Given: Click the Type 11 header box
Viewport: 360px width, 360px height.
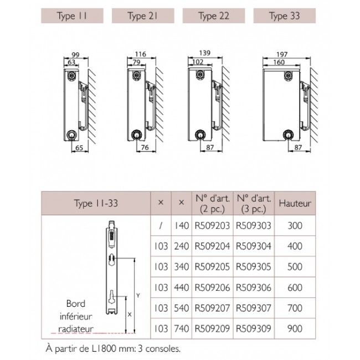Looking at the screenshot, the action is [72, 16].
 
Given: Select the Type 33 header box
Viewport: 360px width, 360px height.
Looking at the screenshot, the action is [285, 16].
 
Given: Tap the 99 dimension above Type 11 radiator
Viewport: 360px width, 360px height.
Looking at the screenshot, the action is [75, 55].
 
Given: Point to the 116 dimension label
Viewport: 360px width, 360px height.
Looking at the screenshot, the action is [141, 54].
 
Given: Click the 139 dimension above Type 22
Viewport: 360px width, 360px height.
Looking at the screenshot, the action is [204, 53].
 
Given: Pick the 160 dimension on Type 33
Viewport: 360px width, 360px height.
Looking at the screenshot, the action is [279, 62].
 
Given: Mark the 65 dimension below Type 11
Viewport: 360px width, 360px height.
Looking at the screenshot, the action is [79, 148].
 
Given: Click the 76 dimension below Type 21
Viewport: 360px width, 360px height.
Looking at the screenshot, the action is [145, 147].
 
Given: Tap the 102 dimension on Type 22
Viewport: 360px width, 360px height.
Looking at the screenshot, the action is [198, 62].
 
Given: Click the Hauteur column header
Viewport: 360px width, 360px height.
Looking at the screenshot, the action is [295, 203].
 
